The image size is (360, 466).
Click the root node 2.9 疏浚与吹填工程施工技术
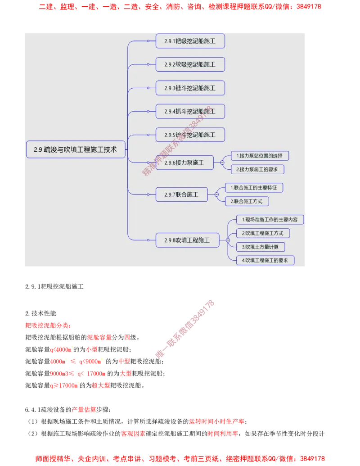pos(76,150)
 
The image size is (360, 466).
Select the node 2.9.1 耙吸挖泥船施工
pos(190,41)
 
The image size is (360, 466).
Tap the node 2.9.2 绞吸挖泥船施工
pos(190,64)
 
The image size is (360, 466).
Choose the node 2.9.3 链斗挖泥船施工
pos(190,88)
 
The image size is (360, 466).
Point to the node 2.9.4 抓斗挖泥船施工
pos(190,111)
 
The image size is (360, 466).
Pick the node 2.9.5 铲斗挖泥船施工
pos(190,135)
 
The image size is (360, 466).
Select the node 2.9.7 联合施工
pos(181,195)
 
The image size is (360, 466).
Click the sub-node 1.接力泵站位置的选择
pos(260,156)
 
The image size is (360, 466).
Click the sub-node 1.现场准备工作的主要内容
pos(270,220)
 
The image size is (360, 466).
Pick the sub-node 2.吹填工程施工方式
pos(263,233)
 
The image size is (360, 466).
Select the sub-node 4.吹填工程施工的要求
pos(265,260)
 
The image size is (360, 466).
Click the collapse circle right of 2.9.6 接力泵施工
pos(222,163)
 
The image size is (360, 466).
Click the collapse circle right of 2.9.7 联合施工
pos(216,195)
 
